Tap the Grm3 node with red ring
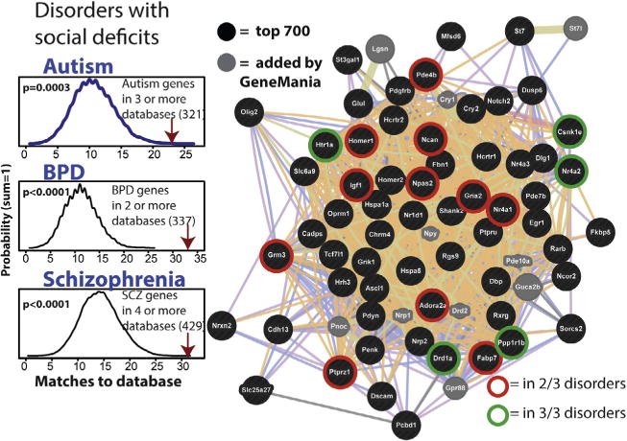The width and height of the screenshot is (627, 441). (275, 255)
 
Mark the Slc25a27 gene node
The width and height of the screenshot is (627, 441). (257, 389)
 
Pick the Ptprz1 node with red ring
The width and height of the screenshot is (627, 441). (337, 375)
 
